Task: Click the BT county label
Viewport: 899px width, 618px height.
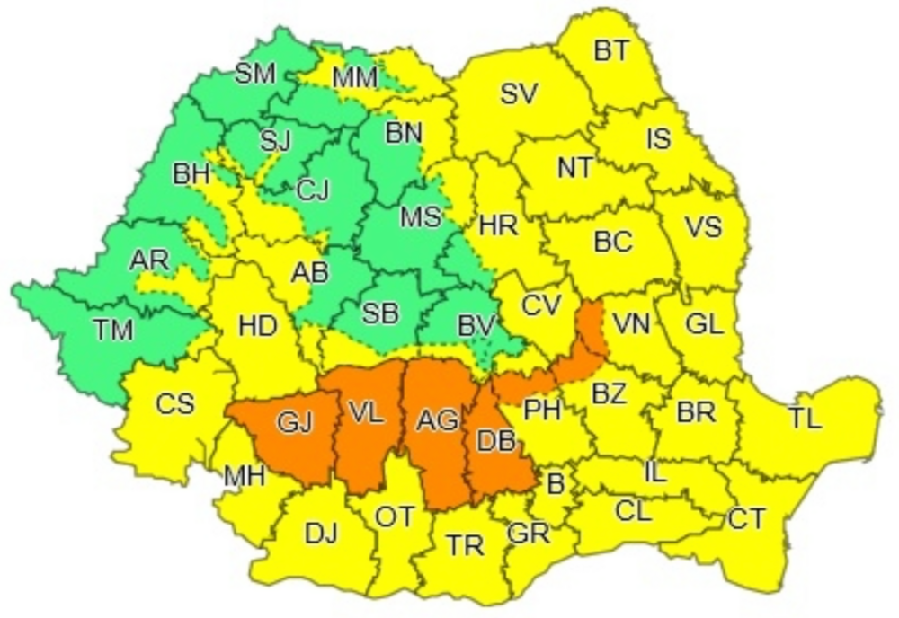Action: (x=613, y=51)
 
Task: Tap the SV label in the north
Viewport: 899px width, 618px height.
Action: (x=519, y=93)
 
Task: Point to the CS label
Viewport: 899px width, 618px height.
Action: (x=174, y=404)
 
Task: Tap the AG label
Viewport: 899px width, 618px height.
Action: (x=438, y=419)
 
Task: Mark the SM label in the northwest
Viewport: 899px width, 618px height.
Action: (x=254, y=75)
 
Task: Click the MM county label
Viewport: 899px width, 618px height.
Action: (x=354, y=78)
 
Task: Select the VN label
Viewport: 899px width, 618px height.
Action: (x=632, y=323)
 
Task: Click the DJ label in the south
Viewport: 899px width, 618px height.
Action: (x=321, y=534)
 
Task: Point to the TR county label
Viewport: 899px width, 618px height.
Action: (x=465, y=544)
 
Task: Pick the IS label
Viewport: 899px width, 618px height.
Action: (x=658, y=139)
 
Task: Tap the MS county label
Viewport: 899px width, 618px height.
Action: (x=420, y=217)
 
